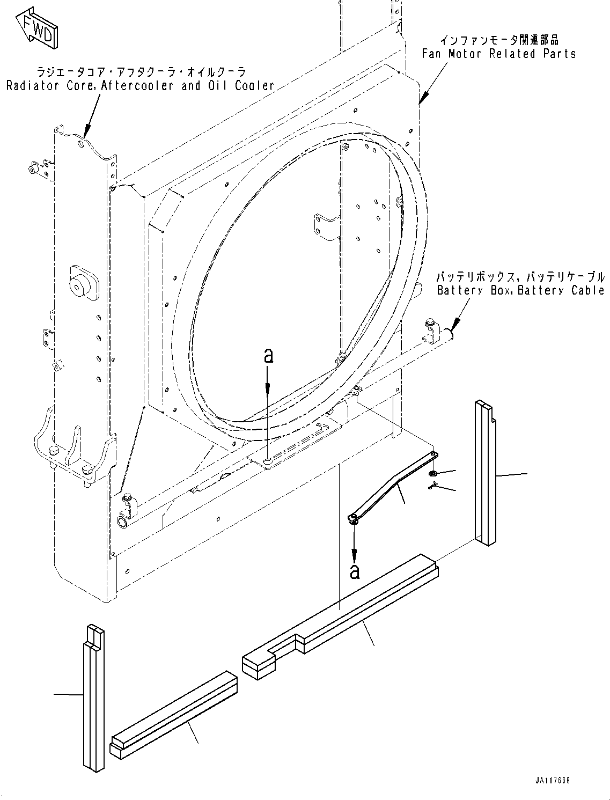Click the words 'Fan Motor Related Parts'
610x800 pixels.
(x=498, y=54)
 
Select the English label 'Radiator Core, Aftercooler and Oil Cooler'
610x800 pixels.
(x=140, y=85)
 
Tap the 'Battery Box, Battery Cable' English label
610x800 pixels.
(x=520, y=290)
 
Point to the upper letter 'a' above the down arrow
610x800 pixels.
(x=268, y=355)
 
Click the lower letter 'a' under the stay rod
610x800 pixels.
(x=354, y=571)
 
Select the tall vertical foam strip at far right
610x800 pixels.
(x=484, y=472)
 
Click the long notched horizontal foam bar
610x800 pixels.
(x=343, y=617)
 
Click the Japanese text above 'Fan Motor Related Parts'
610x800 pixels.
(x=499, y=40)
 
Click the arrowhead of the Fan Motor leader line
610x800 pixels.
(x=422, y=99)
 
